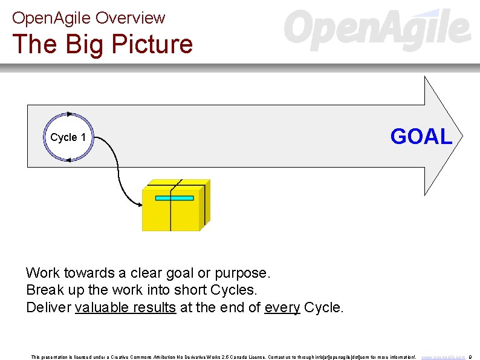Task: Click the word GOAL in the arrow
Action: (x=421, y=137)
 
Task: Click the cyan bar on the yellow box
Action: (x=174, y=198)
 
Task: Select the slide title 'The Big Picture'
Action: (x=102, y=44)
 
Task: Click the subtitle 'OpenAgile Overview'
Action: (x=88, y=18)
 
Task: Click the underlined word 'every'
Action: (x=282, y=307)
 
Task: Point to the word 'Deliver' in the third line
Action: (x=48, y=307)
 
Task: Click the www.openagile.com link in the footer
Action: (x=443, y=357)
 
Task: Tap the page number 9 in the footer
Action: (x=470, y=357)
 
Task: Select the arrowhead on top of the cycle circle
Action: (x=70, y=113)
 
